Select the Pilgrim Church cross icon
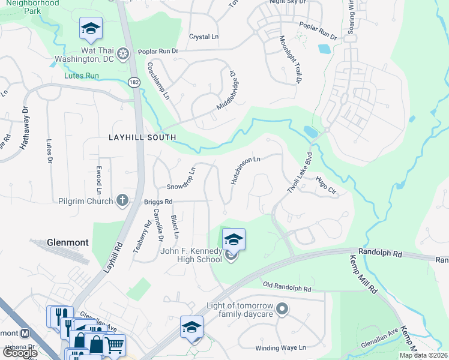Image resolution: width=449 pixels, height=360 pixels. [x=122, y=200]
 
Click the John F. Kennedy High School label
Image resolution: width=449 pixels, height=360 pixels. [x=191, y=255]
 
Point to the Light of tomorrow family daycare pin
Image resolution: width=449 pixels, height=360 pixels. [x=283, y=310]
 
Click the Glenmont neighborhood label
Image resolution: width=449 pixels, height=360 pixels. [x=67, y=243]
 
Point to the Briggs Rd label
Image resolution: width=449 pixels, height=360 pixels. [x=158, y=202]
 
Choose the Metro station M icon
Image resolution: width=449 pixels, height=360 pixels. [x=25, y=334]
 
